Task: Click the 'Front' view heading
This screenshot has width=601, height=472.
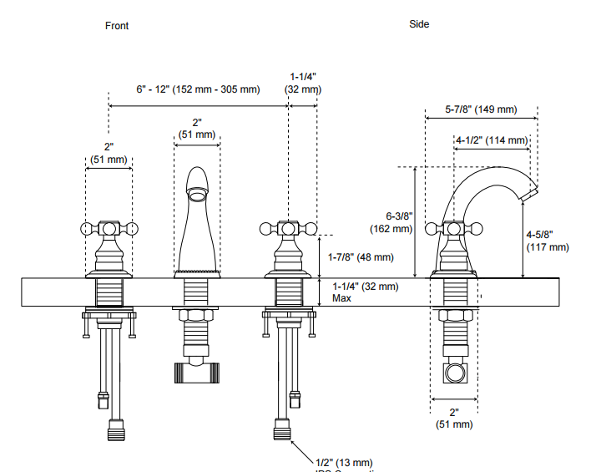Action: click(117, 25)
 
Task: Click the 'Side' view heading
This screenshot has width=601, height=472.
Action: click(419, 24)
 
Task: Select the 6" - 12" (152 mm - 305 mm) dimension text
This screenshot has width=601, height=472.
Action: click(198, 89)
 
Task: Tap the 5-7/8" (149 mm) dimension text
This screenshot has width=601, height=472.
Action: click(481, 109)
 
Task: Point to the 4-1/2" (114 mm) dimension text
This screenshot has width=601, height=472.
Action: click(492, 140)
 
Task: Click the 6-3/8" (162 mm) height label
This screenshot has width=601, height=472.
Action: click(391, 221)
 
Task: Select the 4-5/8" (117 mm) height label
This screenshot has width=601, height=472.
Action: click(547, 241)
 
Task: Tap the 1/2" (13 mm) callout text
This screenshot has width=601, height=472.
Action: click(344, 462)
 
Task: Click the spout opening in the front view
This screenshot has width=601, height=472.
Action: click(196, 195)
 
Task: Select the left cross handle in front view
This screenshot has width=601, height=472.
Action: click(109, 228)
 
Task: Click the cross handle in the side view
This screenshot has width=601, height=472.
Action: click(453, 228)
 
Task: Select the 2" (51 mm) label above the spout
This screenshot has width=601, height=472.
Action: click(197, 128)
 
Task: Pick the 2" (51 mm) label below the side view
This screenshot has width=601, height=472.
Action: click(454, 418)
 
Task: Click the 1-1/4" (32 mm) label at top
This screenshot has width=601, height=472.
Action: click(302, 83)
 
